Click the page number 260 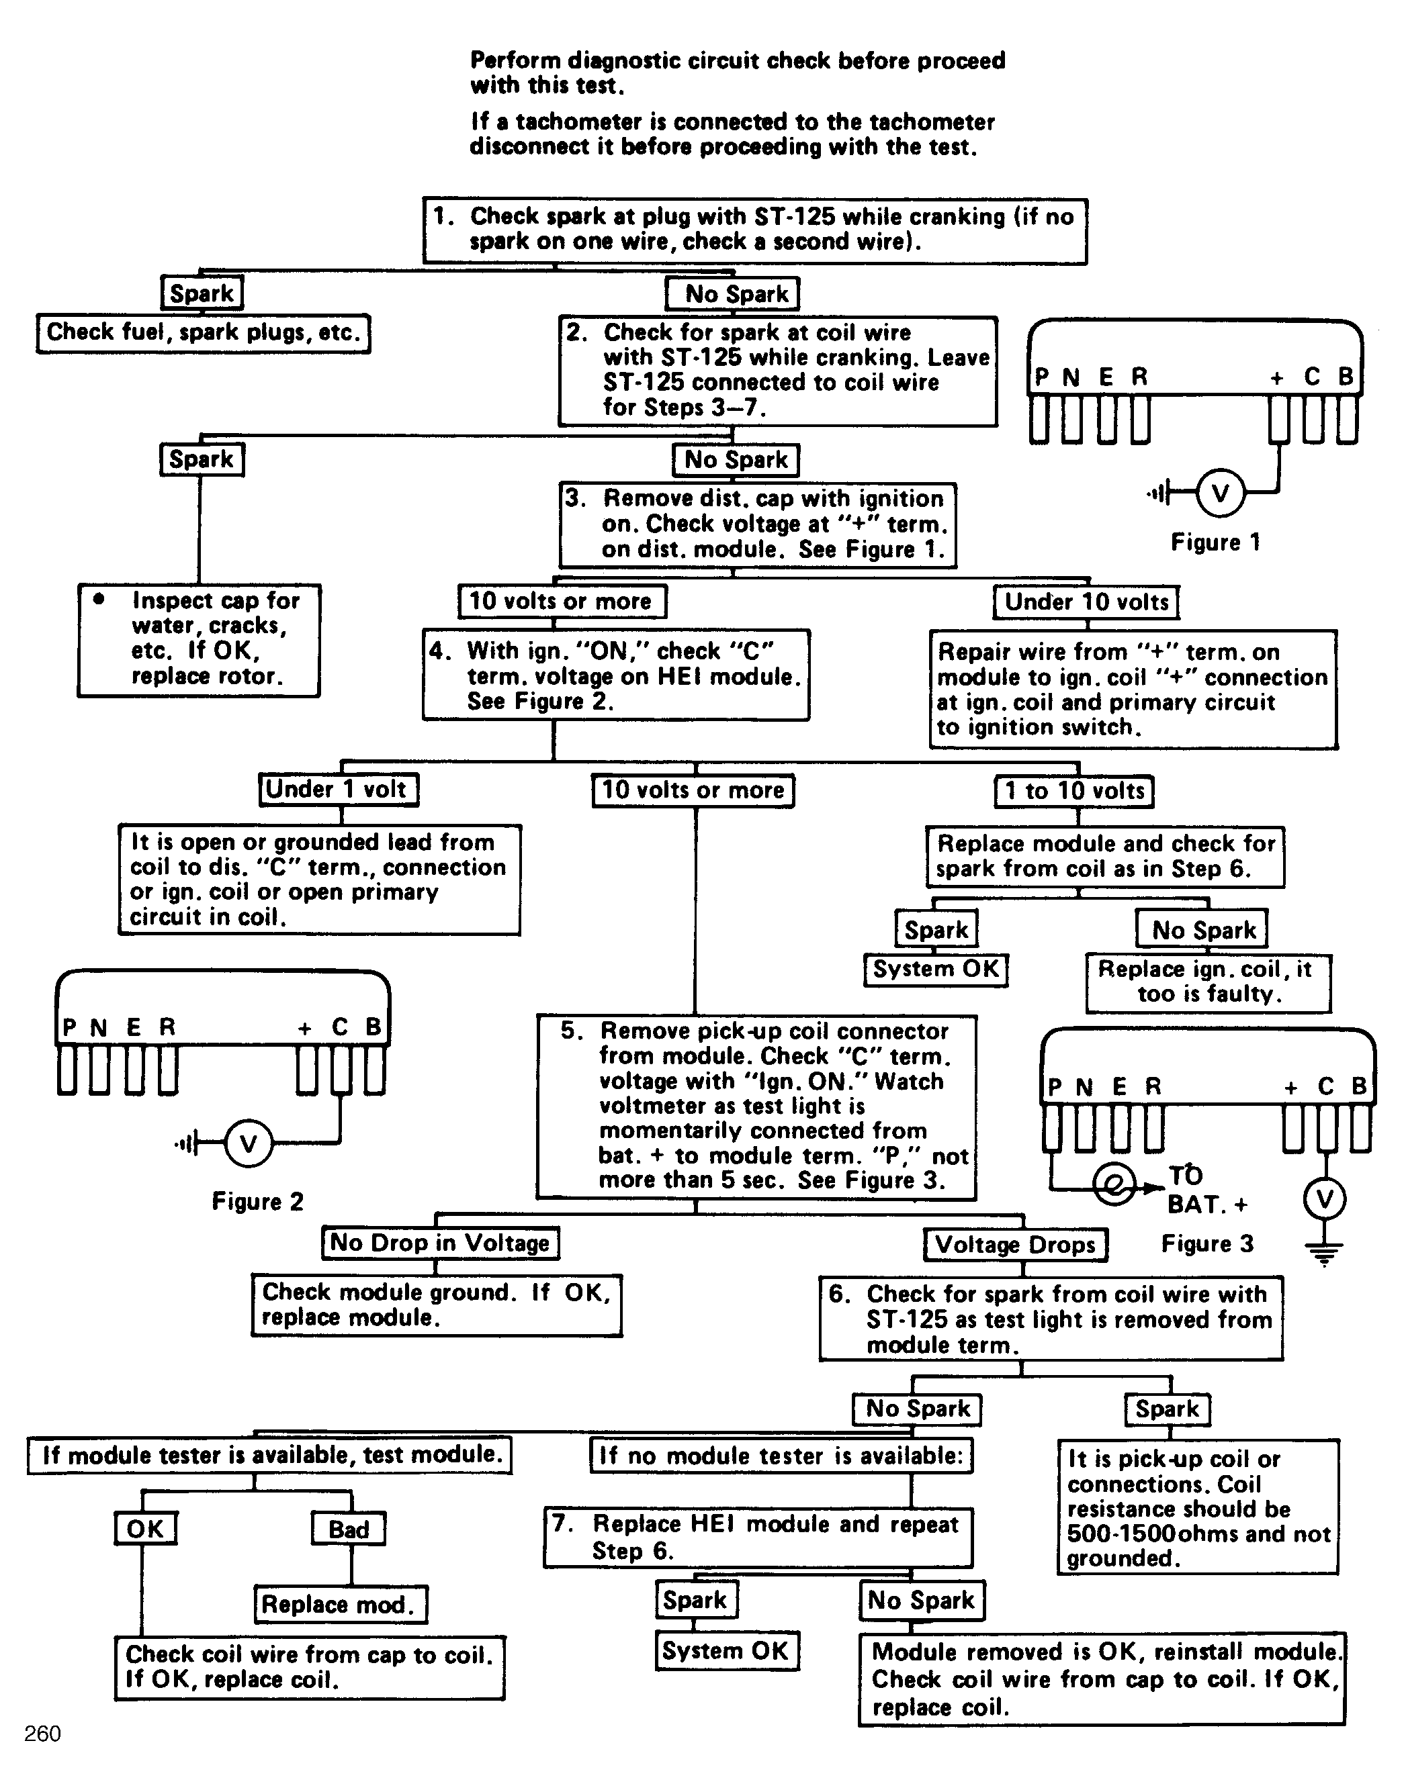pyautogui.click(x=43, y=1734)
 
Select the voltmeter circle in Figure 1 pyautogui.click(x=1220, y=493)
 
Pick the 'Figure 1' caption pyautogui.click(x=1215, y=543)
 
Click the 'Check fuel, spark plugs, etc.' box pyautogui.click(x=203, y=334)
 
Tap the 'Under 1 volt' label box pyautogui.click(x=338, y=790)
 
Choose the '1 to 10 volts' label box pyautogui.click(x=1073, y=791)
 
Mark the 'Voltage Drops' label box pyautogui.click(x=1015, y=1245)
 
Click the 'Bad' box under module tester pyautogui.click(x=349, y=1529)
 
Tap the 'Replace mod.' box pyautogui.click(x=341, y=1605)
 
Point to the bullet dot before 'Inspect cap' pyautogui.click(x=99, y=599)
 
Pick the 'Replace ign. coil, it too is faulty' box pyautogui.click(x=1209, y=983)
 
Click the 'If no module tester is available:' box pyautogui.click(x=781, y=1456)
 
